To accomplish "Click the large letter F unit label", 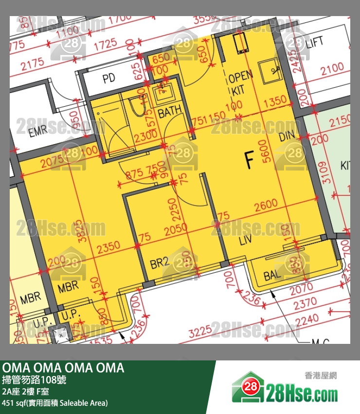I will pos(249,160).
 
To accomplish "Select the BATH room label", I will pos(170,112).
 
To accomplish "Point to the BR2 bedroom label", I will pos(159,263).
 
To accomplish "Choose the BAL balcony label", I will pos(272,276).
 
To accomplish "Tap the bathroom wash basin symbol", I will pos(161,93).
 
